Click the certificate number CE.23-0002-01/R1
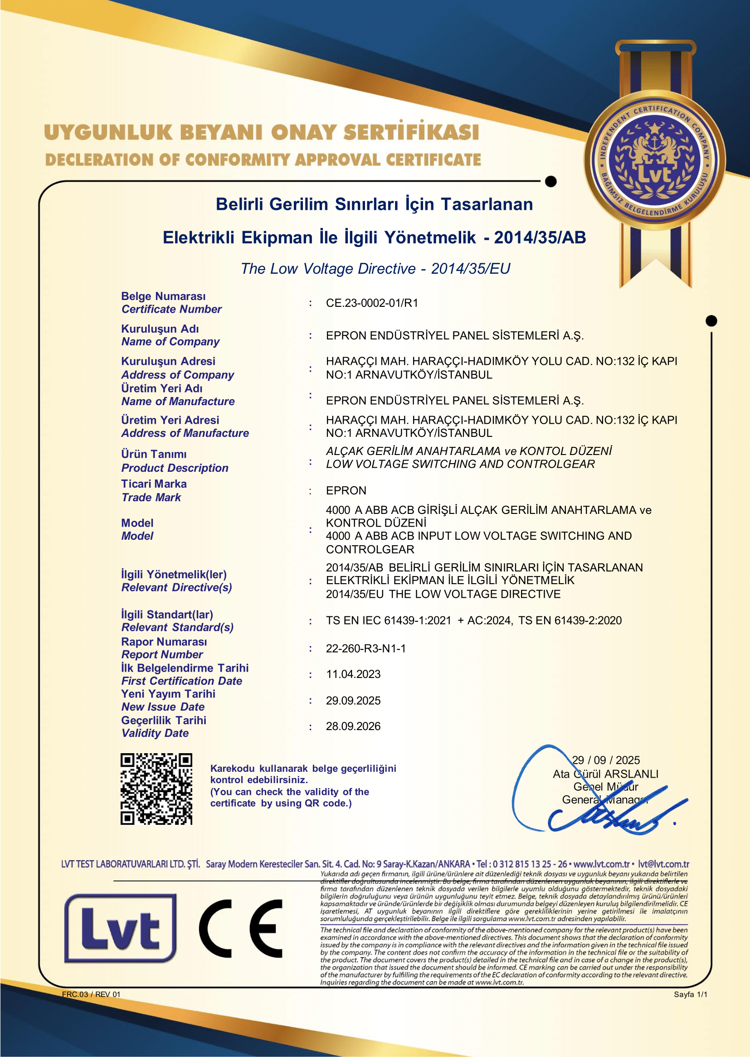click(x=372, y=303)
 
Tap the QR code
click(x=156, y=789)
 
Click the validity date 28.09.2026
click(x=353, y=726)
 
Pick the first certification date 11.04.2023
click(x=353, y=674)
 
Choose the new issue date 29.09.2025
click(x=353, y=701)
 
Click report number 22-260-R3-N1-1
click(x=366, y=649)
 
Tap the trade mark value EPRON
click(x=346, y=491)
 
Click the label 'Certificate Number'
click(x=171, y=310)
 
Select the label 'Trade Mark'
click(x=151, y=498)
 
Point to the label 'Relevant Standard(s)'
click(x=177, y=627)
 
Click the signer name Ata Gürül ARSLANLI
click(x=605, y=774)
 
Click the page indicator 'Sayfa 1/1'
click(x=690, y=995)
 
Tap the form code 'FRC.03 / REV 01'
click(x=91, y=995)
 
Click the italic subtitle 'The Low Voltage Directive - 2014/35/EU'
click(x=375, y=269)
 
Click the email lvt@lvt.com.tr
click(x=663, y=864)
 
